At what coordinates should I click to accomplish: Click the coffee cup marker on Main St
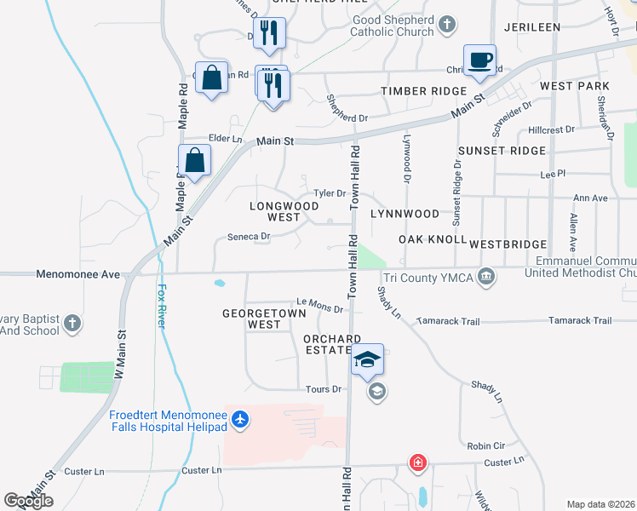click(479, 60)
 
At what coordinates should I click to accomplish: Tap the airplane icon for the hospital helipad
click(240, 419)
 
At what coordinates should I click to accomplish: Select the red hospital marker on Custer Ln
click(417, 463)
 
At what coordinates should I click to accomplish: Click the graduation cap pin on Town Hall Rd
click(368, 360)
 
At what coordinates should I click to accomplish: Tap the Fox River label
click(162, 307)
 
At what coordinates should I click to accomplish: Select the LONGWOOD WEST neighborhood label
click(274, 211)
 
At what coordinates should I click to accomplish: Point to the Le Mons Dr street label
click(319, 304)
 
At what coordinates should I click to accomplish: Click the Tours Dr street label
click(324, 389)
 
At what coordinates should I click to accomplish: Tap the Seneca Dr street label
click(250, 237)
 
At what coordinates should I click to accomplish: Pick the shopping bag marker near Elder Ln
click(195, 160)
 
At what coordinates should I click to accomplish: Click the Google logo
click(28, 502)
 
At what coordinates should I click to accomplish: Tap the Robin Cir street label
click(486, 445)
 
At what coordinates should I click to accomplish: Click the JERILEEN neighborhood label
click(531, 27)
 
